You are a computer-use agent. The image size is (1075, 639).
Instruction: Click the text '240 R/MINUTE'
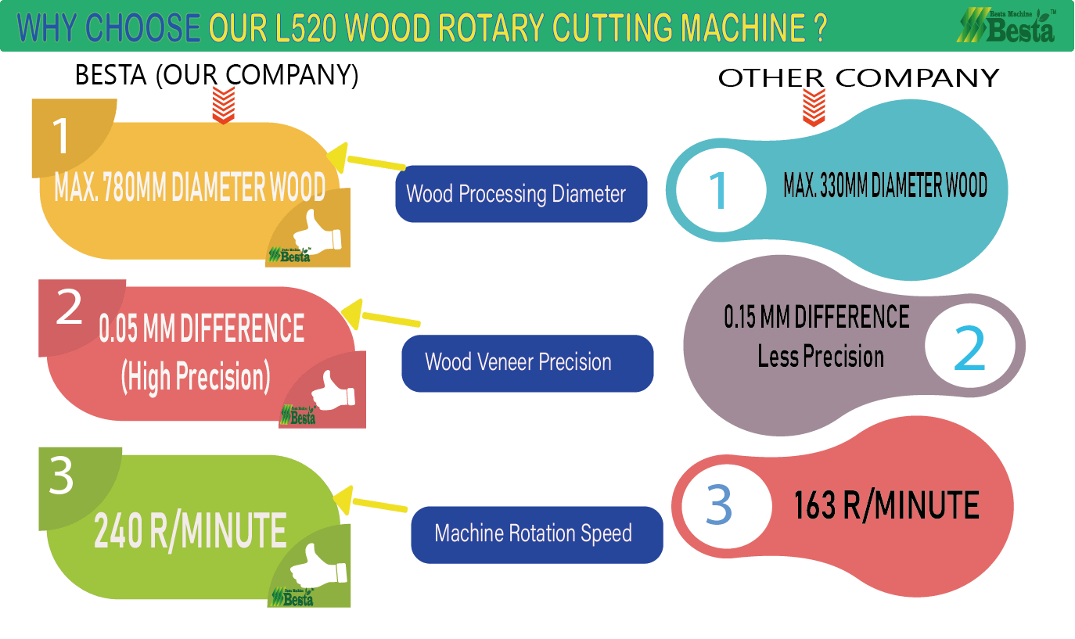[190, 532]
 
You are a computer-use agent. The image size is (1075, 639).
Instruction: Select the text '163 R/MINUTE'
[886, 505]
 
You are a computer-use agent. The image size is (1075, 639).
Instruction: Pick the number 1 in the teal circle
[717, 189]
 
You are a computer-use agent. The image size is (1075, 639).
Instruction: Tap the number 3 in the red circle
[718, 504]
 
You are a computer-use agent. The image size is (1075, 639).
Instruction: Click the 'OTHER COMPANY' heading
[858, 78]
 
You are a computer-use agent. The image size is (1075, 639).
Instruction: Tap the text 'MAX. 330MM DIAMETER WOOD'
[885, 186]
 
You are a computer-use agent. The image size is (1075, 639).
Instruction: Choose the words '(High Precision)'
[196, 378]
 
